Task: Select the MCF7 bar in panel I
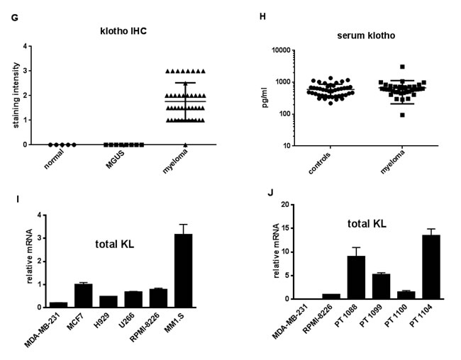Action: click(x=84, y=296)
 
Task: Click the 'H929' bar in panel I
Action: click(x=109, y=301)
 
